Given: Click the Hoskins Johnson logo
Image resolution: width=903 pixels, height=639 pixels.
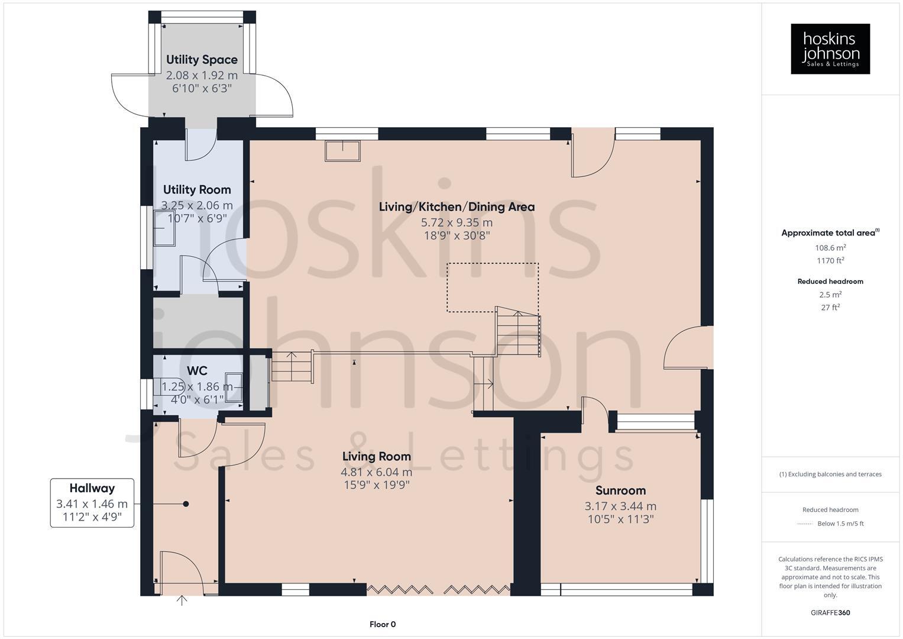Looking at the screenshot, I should tap(830, 49).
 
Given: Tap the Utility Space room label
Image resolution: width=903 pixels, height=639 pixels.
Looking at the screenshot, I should tap(202, 60).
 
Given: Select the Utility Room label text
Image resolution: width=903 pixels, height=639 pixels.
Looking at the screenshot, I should tap(197, 190).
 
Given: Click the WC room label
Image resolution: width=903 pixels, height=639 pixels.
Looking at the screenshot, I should tap(197, 371).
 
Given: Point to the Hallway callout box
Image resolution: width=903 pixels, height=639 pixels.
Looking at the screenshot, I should tap(92, 503).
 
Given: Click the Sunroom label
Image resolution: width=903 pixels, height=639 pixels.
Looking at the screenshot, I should tap(620, 490).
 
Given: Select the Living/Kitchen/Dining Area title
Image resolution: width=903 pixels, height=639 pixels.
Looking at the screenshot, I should tap(457, 207).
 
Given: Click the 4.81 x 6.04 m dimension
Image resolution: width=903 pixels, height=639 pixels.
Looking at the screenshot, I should tap(376, 472).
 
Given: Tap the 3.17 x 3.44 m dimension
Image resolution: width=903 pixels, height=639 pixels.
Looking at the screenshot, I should tap(620, 506).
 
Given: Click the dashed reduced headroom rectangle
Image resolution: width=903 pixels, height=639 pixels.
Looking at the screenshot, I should tap(492, 287).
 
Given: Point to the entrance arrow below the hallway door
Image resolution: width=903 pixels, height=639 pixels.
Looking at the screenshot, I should tap(182, 601).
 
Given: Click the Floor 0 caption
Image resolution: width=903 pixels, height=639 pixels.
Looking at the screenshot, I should tap(382, 624).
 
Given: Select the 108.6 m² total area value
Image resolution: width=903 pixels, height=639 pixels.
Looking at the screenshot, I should tap(830, 248).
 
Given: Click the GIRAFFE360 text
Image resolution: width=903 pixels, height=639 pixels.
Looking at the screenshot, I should tap(830, 613).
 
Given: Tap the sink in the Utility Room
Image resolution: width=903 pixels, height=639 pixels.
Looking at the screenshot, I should tap(165, 228).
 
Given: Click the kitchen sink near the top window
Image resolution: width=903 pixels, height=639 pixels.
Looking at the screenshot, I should tap(342, 151).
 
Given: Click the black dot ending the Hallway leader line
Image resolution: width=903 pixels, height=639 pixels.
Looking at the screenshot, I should tap(186, 504).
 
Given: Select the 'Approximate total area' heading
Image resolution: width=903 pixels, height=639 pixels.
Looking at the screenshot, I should tap(830, 233).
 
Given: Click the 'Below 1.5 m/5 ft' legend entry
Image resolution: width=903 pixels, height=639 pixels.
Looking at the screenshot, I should tap(840, 524).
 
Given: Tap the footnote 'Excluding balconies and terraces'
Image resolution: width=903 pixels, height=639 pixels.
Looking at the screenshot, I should tap(830, 474).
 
